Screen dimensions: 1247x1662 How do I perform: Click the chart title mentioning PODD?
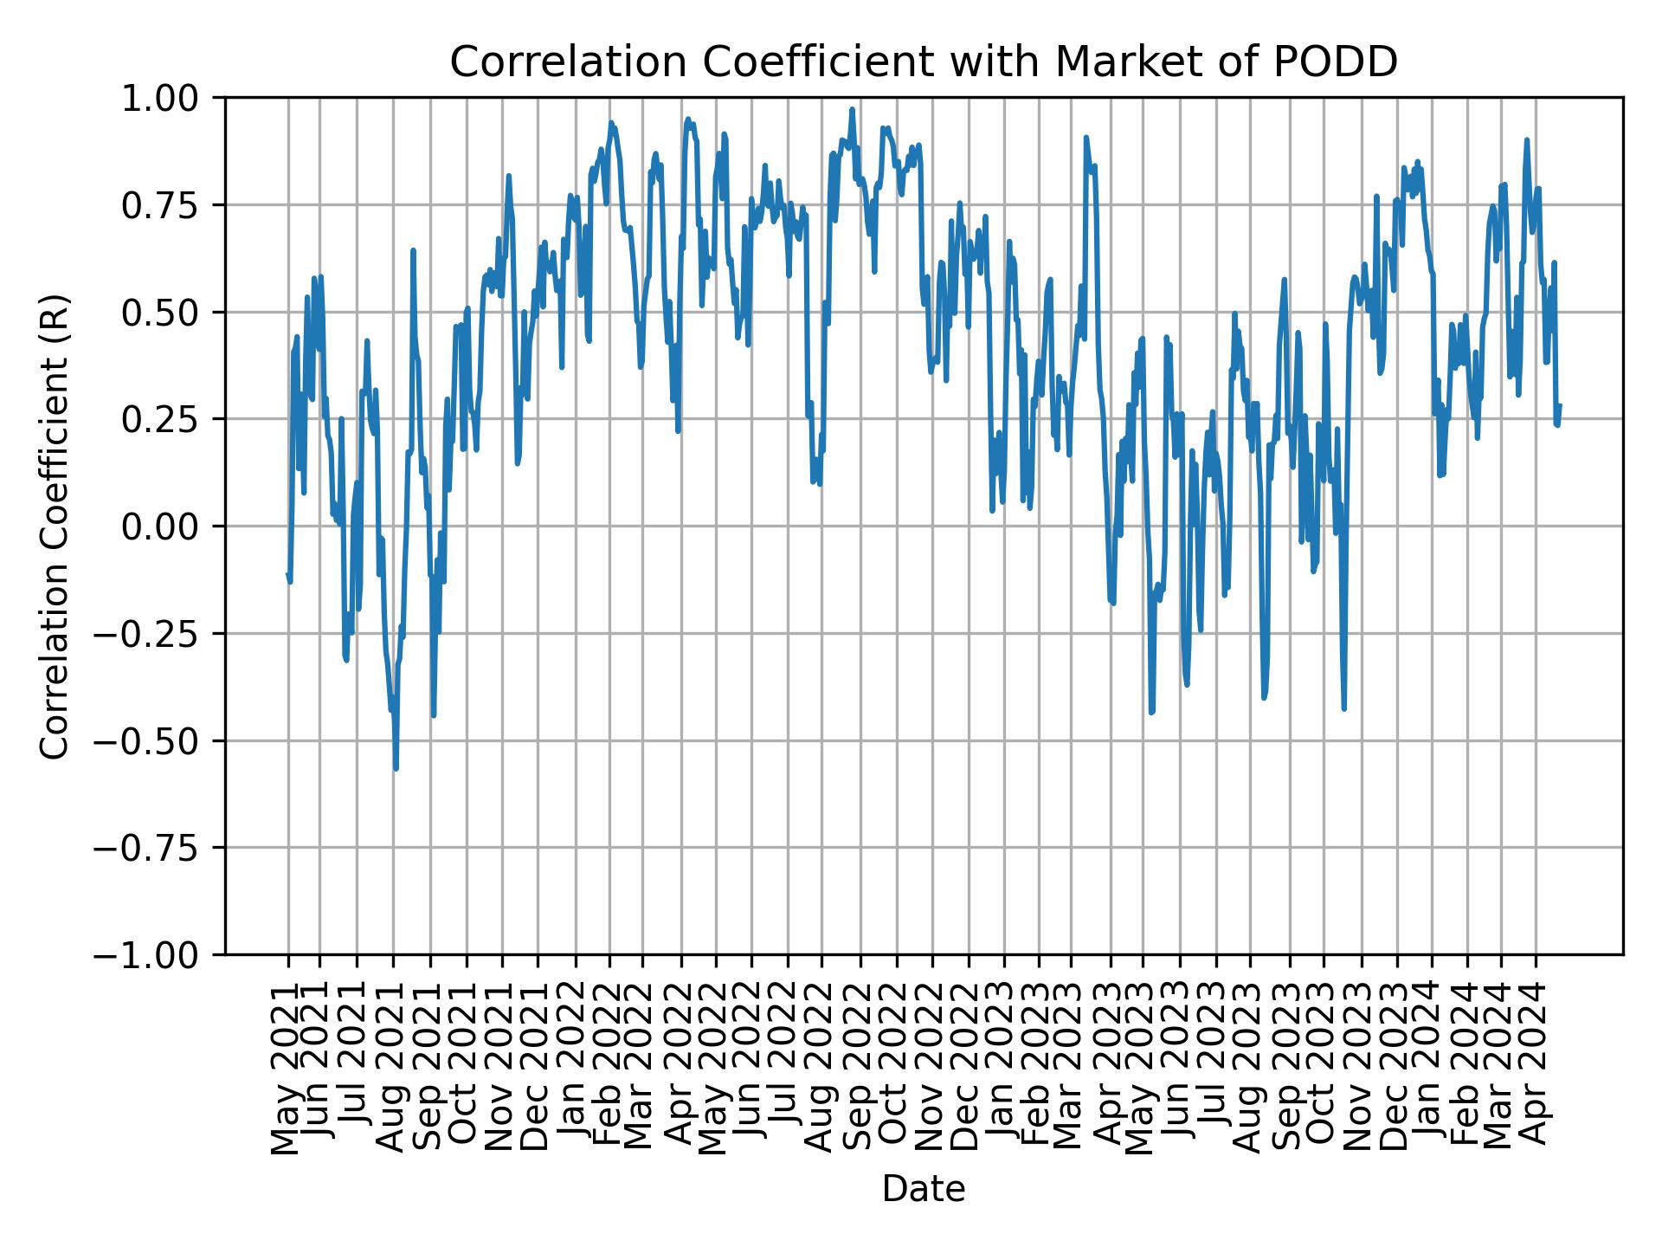click(x=924, y=62)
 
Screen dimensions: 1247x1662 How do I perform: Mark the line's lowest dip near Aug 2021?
click(x=396, y=768)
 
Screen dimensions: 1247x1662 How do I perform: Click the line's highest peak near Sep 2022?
click(x=852, y=109)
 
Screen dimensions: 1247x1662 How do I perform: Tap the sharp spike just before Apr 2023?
click(x=1085, y=137)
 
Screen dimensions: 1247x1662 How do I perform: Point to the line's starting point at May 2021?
click(x=287, y=573)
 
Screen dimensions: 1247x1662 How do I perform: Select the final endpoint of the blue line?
click(x=1560, y=405)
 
